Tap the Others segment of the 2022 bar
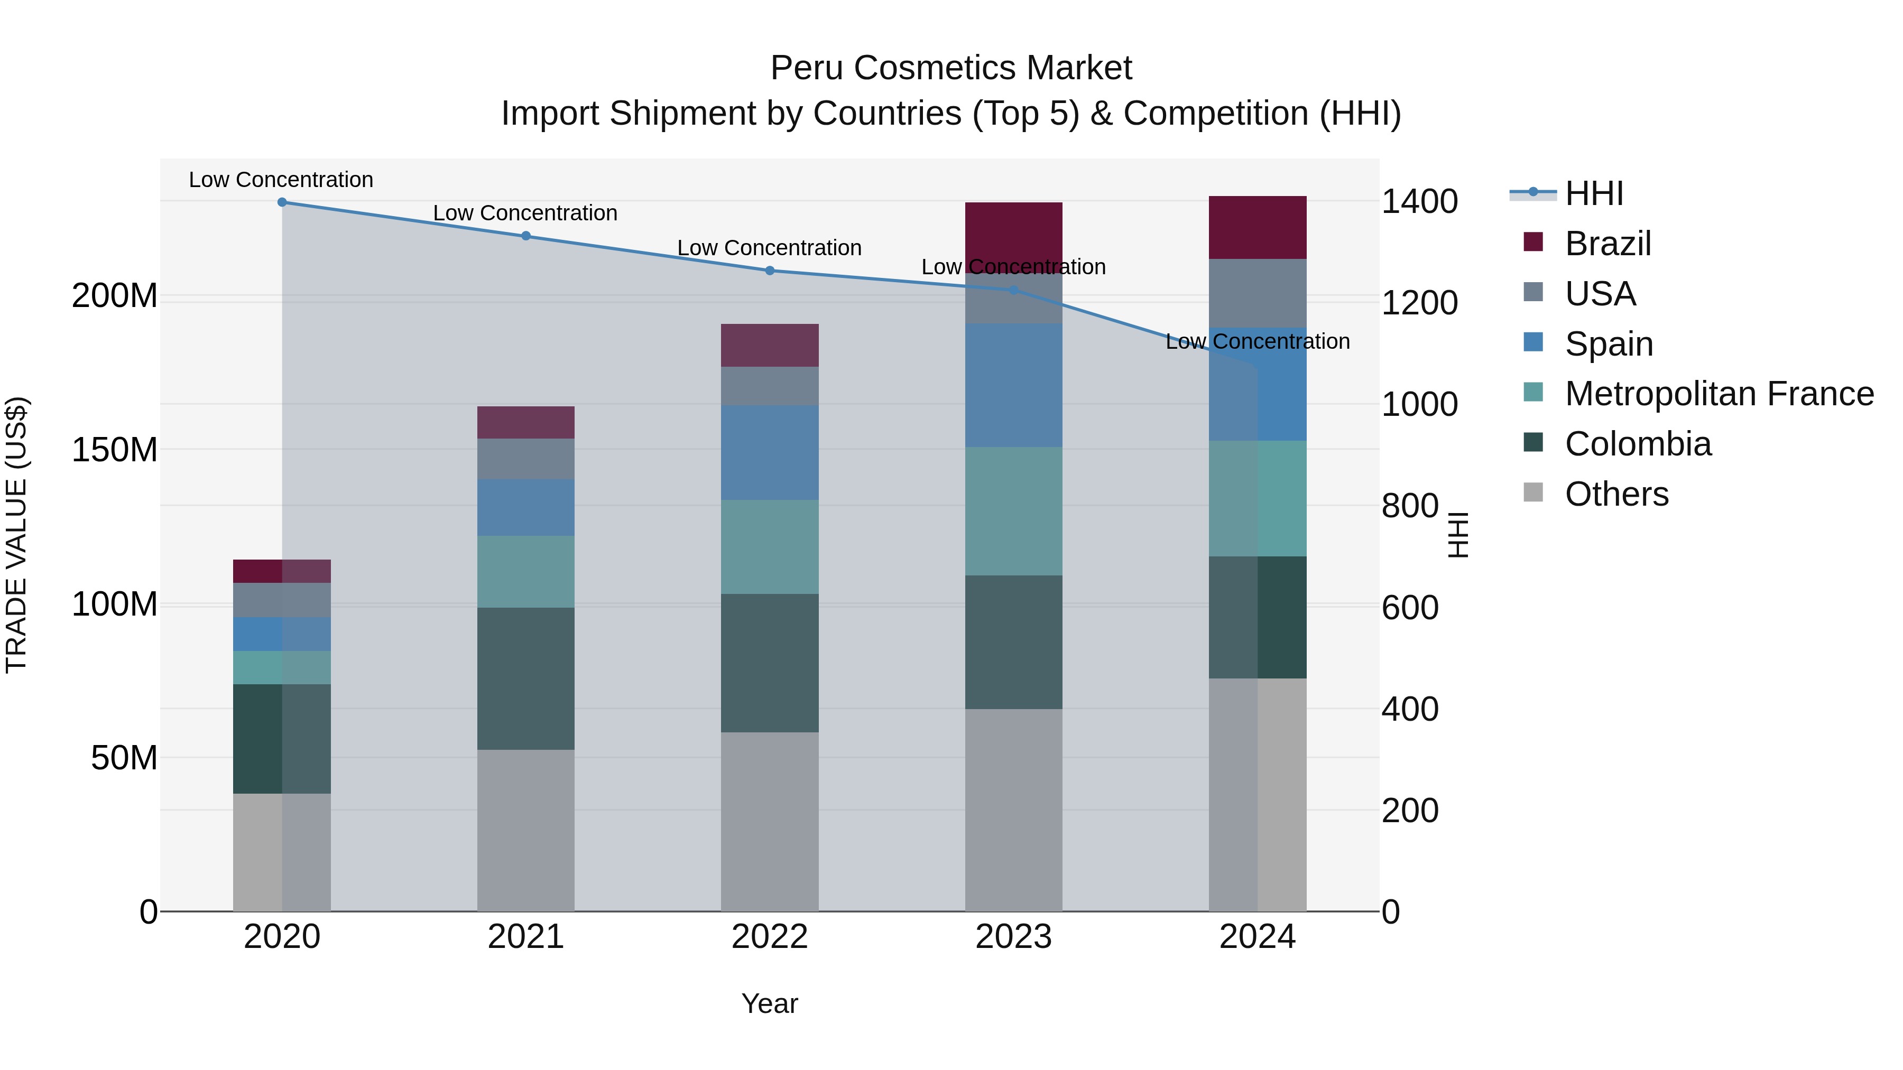coord(769,821)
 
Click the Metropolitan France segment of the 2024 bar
coord(1258,498)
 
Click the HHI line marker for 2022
coord(769,270)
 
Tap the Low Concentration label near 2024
coord(1258,341)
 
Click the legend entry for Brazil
coord(1607,244)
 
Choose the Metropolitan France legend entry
coord(1719,394)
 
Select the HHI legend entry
coord(1593,193)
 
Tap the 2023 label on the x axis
coord(1013,936)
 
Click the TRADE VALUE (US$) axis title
coord(16,535)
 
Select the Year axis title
coord(769,1003)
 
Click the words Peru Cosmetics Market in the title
coord(951,68)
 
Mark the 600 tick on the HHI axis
coord(1409,607)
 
